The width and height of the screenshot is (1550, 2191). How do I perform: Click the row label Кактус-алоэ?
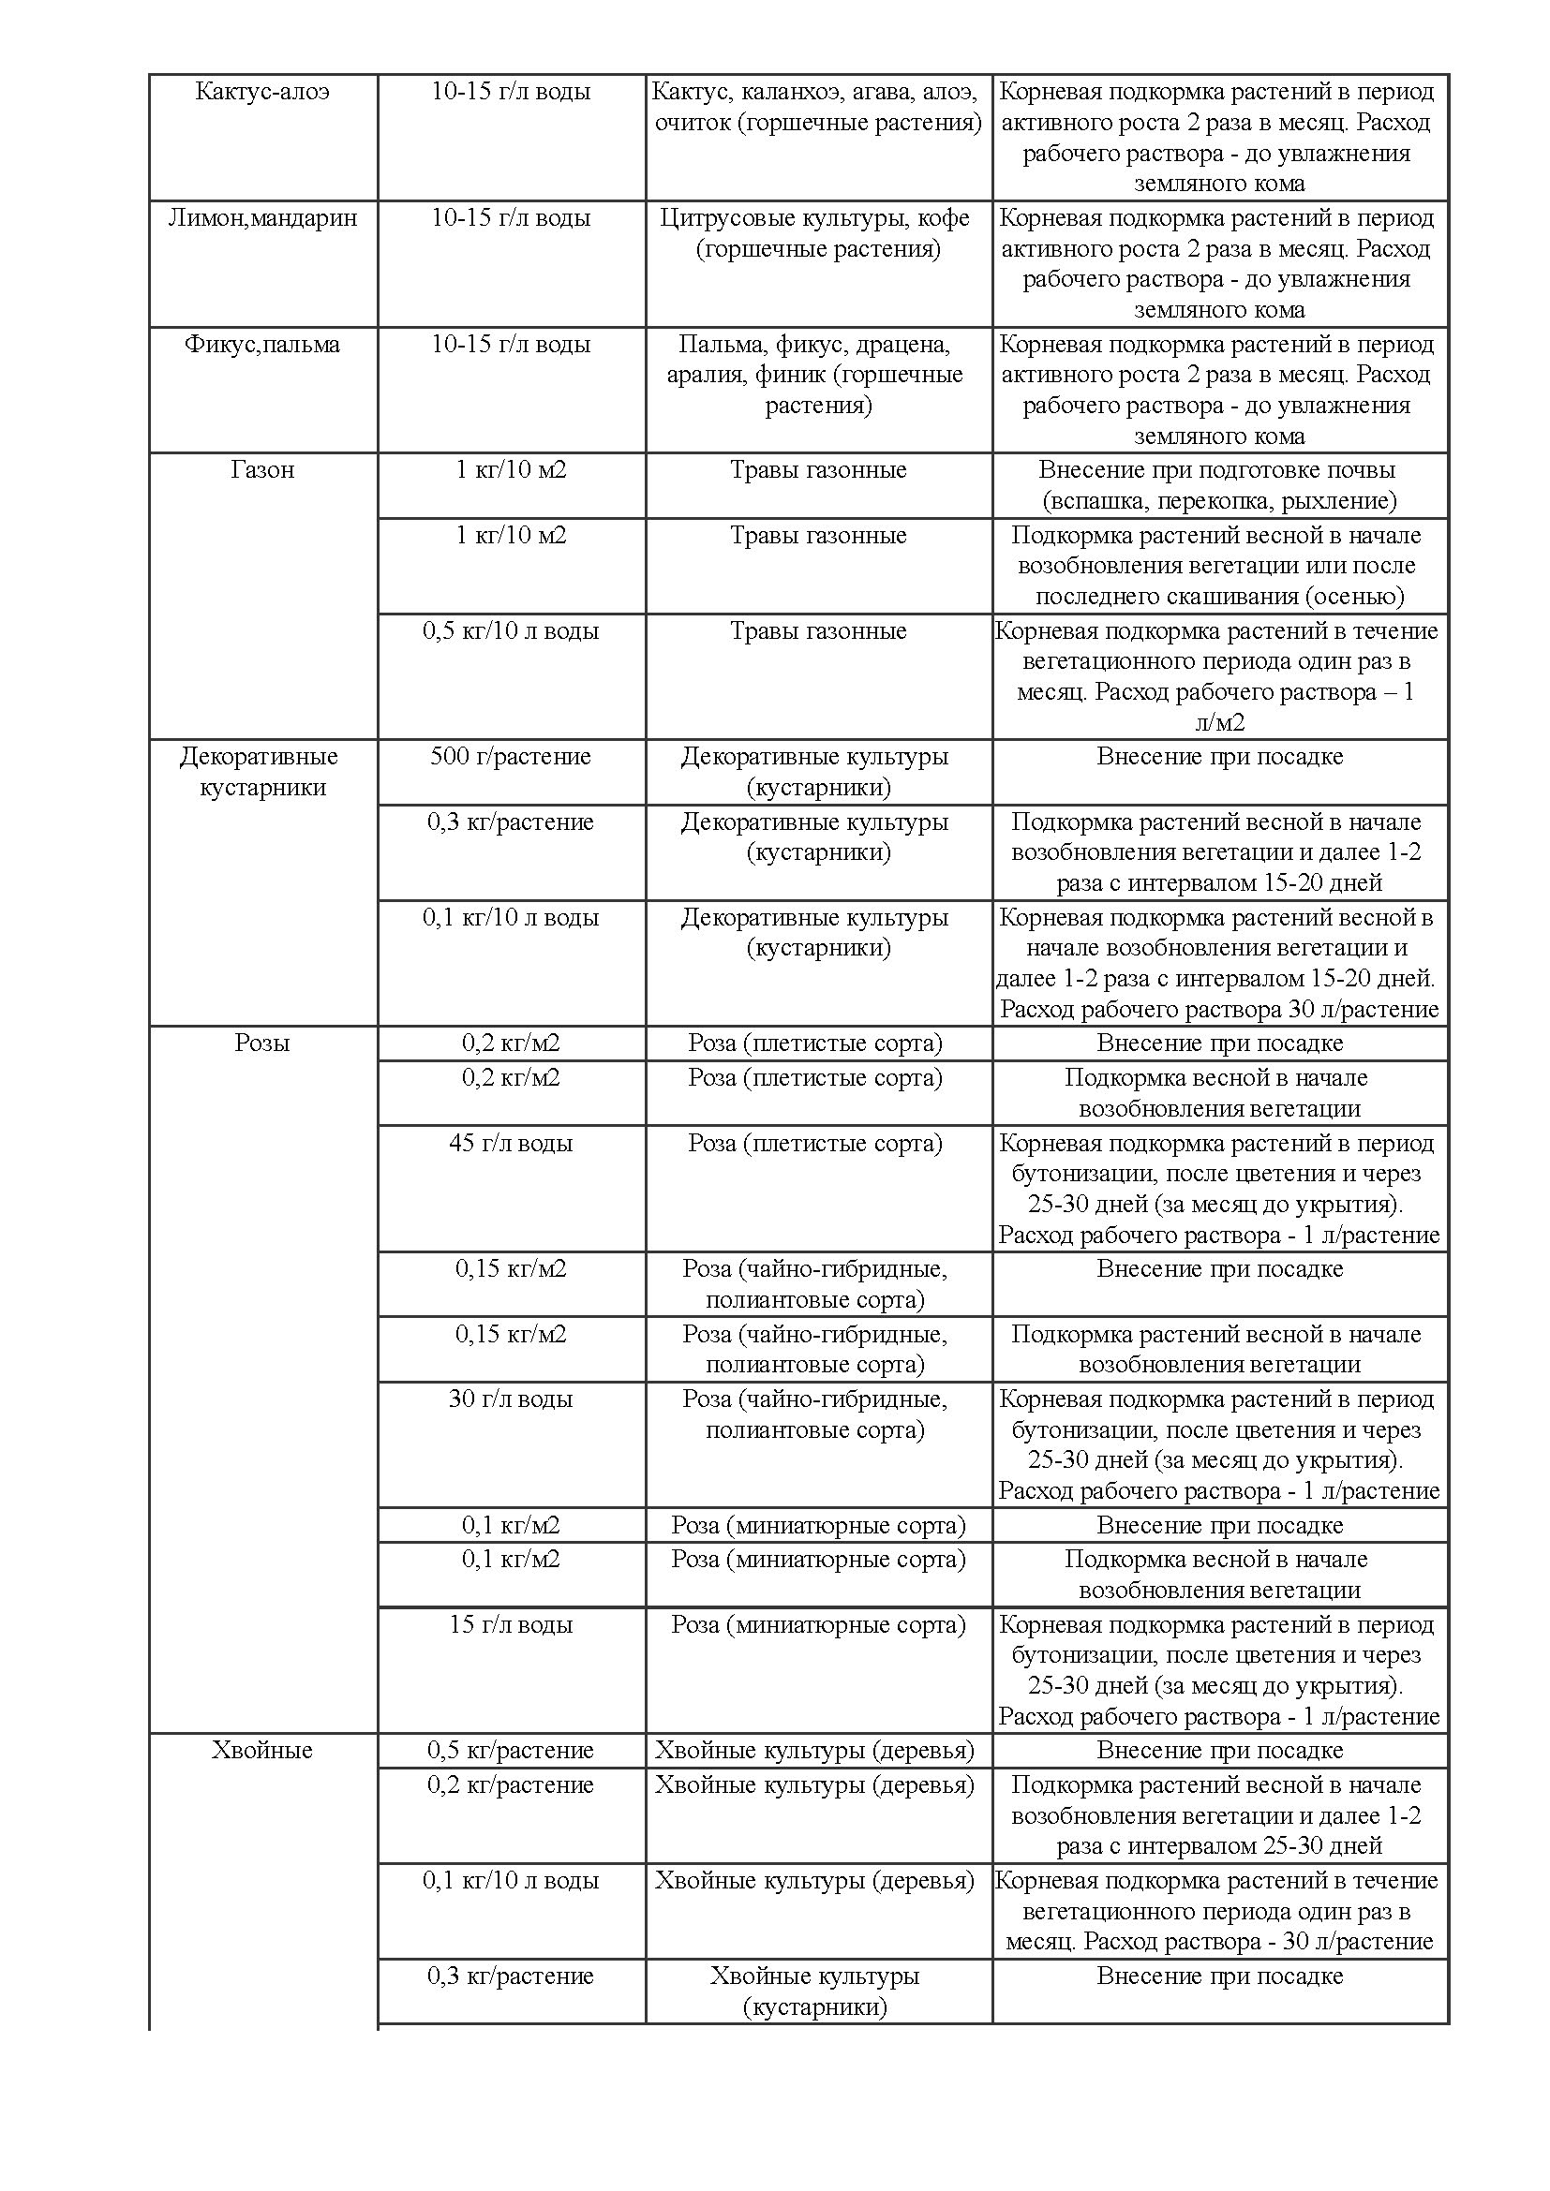click(x=262, y=93)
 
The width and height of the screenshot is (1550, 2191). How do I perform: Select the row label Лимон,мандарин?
click(x=262, y=218)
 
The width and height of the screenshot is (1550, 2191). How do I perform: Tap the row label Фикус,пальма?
click(x=262, y=345)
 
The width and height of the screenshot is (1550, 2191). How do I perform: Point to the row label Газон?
click(x=262, y=470)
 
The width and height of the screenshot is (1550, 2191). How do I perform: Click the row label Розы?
click(x=262, y=1043)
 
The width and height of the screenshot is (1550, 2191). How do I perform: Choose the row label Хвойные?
click(x=262, y=1750)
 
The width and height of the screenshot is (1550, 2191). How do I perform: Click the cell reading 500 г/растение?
click(x=511, y=757)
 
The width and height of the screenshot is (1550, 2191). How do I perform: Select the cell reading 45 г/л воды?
click(x=511, y=1143)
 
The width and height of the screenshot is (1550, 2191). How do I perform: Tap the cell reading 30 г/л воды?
click(x=511, y=1399)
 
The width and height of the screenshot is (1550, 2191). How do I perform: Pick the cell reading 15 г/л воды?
click(x=511, y=1624)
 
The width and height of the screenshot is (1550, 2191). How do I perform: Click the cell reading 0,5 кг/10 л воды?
click(x=511, y=630)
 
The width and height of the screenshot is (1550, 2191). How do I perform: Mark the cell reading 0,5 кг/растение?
click(x=511, y=1750)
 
